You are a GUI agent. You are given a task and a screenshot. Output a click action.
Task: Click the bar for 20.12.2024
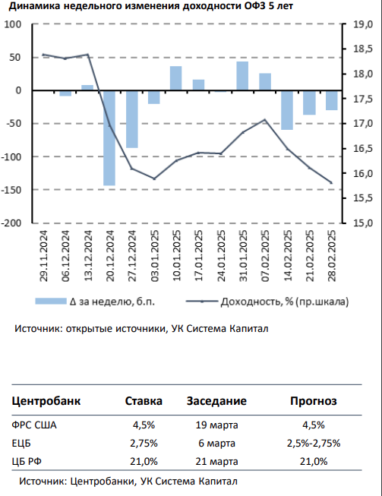click(109, 138)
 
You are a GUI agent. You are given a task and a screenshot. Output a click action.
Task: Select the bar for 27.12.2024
click(132, 119)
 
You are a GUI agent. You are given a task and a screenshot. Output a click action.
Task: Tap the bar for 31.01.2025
click(242, 76)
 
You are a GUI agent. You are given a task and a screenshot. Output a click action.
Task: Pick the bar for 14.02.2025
click(287, 110)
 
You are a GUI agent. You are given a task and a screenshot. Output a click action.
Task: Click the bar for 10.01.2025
click(176, 78)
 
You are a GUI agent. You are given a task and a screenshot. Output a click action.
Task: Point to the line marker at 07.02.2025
click(265, 120)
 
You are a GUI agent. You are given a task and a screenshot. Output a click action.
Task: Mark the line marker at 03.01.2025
click(154, 178)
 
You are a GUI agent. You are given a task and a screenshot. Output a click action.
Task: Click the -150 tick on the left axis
click(11, 190)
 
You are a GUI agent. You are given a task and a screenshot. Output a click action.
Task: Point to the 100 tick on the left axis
click(13, 24)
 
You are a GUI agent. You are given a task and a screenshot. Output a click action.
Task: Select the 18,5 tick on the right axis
click(363, 49)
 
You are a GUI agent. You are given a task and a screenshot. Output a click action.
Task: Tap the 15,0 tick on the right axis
click(363, 223)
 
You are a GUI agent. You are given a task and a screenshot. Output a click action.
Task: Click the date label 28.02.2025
click(332, 255)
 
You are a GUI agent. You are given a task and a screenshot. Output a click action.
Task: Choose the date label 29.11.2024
click(43, 255)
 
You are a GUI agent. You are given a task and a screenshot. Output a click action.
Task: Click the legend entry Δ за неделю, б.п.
click(95, 302)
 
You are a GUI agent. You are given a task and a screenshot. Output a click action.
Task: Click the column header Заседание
click(216, 401)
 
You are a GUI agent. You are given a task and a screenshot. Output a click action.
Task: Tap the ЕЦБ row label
click(21, 443)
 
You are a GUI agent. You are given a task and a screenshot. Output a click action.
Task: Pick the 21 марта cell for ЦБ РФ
click(216, 462)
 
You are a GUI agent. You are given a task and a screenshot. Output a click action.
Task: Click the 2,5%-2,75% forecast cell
click(314, 443)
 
